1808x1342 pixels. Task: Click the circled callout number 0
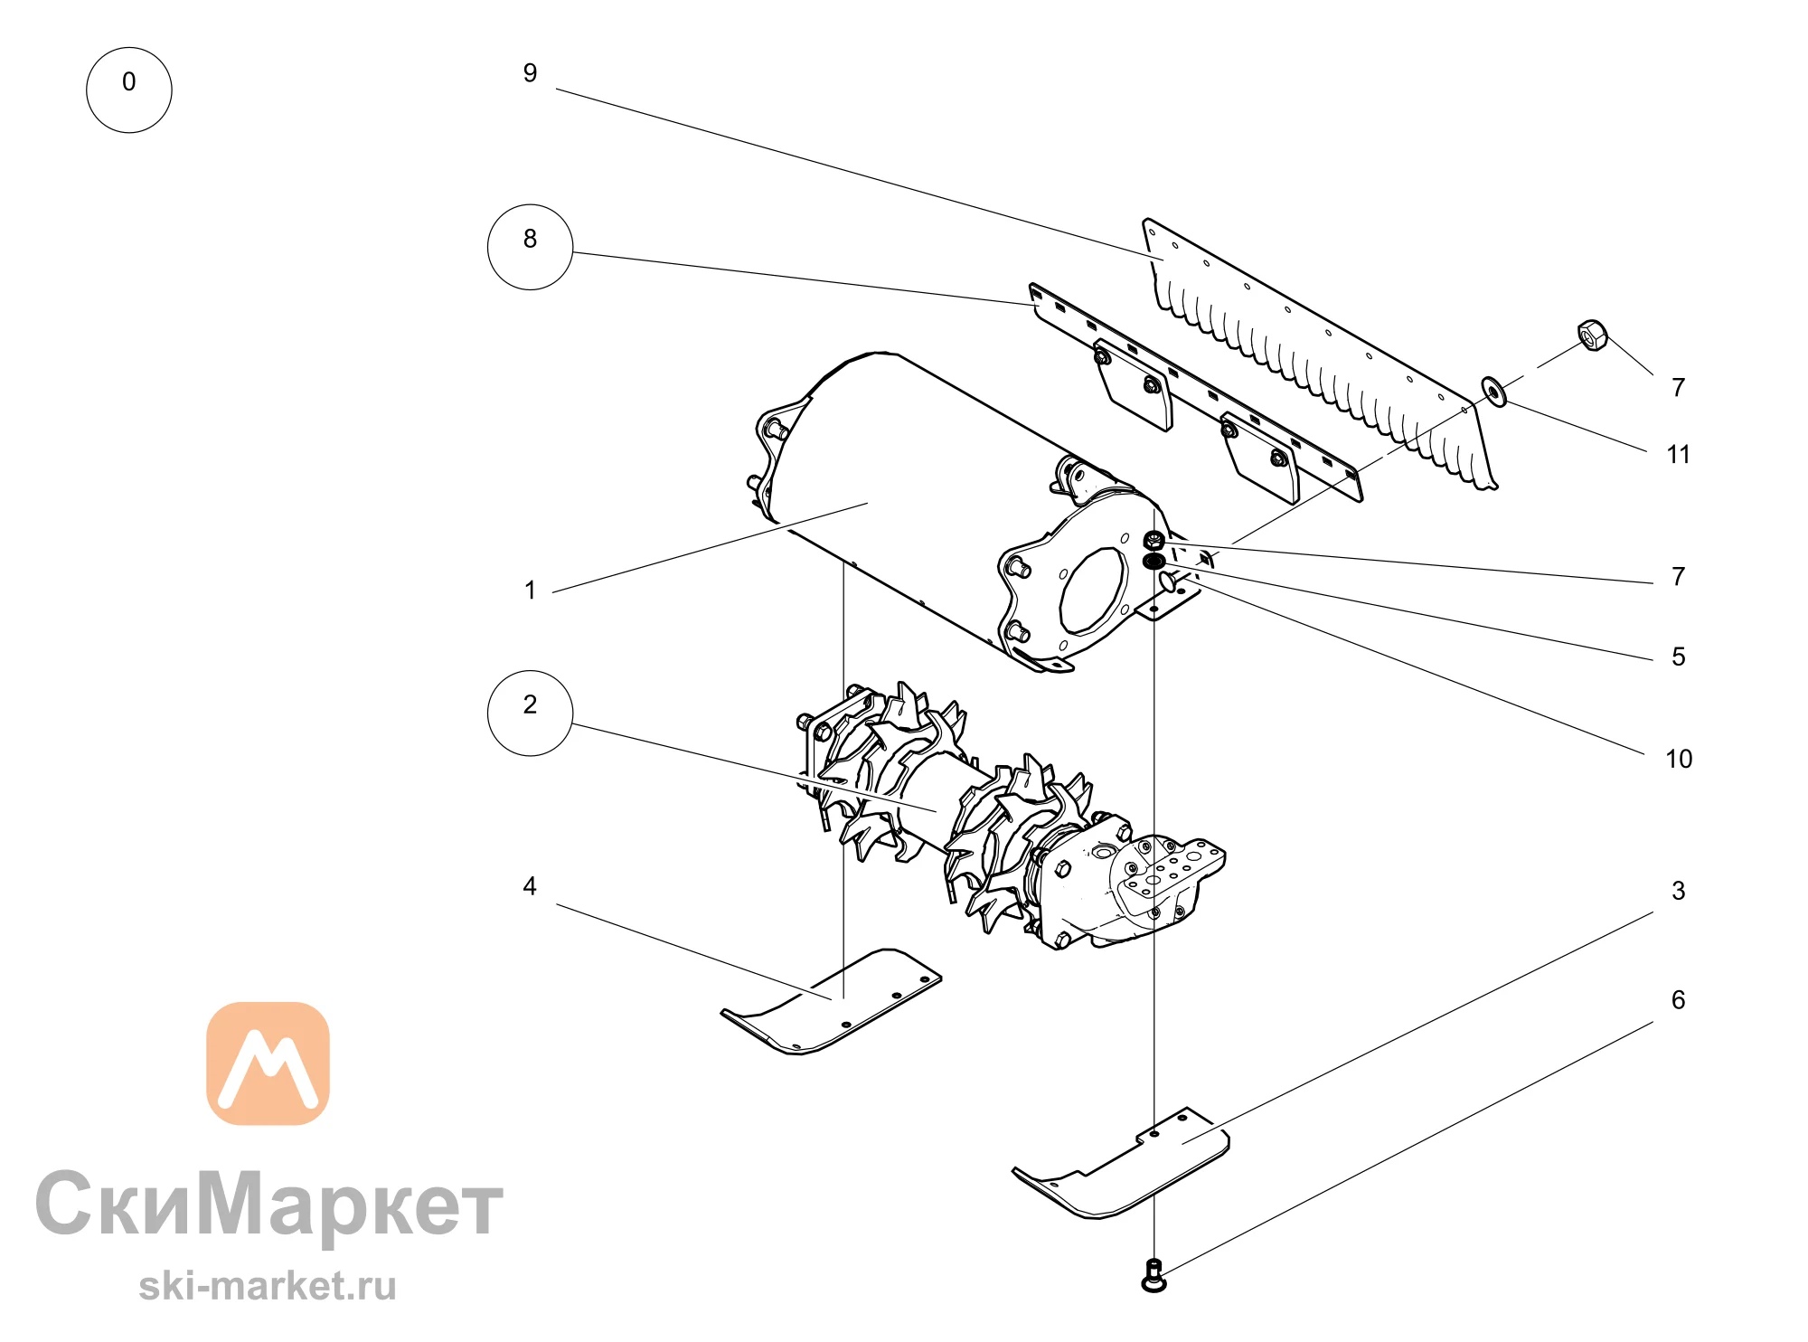click(129, 90)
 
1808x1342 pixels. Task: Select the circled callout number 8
click(530, 247)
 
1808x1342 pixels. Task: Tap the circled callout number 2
click(530, 713)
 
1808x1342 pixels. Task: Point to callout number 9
click(530, 73)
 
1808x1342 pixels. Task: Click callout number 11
click(1678, 454)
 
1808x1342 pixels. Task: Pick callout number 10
click(1679, 759)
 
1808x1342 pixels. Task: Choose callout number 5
click(1679, 657)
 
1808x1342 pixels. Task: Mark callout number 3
click(1679, 891)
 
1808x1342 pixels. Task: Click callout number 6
click(1679, 999)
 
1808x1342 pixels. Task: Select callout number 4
click(530, 886)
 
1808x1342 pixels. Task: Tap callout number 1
click(530, 591)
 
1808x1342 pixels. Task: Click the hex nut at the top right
click(1593, 335)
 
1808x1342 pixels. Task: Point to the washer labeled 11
click(1493, 392)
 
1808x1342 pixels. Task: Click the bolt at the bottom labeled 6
click(1154, 1275)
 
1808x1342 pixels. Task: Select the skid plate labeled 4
click(830, 1002)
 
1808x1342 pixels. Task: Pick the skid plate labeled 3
click(1121, 1165)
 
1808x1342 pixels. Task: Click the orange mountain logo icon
click(268, 1063)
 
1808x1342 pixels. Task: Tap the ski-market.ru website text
click(268, 1286)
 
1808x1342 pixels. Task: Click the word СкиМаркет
click(268, 1205)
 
